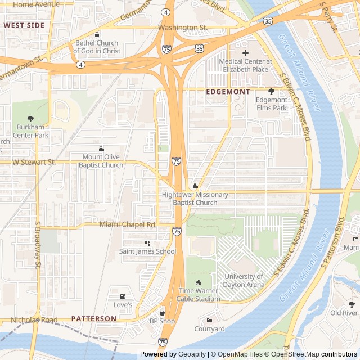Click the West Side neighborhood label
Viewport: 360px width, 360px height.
(24, 25)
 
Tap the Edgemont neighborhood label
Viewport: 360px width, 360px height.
(228, 91)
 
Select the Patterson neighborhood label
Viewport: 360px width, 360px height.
(94, 318)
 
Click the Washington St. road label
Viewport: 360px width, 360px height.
(183, 27)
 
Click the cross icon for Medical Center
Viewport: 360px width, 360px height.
(245, 53)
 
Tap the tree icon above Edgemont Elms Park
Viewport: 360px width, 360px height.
(271, 91)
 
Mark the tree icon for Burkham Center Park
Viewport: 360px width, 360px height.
(30, 119)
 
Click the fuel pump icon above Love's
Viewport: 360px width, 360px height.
(122, 296)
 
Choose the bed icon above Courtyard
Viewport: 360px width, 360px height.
(209, 321)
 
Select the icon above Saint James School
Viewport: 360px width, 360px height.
(147, 243)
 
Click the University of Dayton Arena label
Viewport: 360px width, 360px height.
(244, 280)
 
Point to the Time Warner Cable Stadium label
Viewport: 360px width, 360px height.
(199, 295)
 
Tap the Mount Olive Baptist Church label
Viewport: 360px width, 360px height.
(101, 161)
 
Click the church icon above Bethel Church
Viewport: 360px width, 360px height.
(97, 35)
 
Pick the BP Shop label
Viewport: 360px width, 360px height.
(162, 321)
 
